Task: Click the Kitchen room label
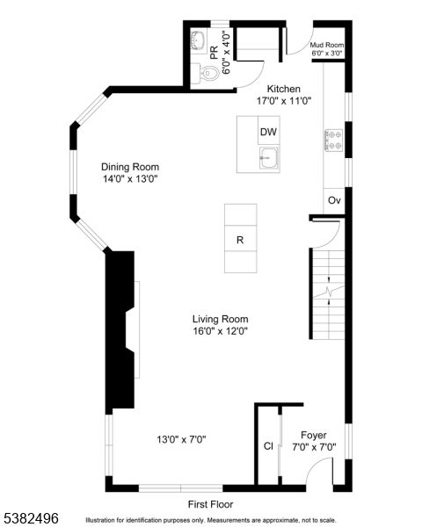(284, 89)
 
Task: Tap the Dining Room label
(130, 167)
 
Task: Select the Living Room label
(221, 319)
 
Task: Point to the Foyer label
(314, 435)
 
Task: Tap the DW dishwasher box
(268, 133)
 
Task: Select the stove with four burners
(334, 139)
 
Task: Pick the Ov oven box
(334, 200)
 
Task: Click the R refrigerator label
(240, 240)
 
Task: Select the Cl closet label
(268, 446)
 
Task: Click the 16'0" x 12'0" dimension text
(221, 331)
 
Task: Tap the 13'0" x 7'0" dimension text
(181, 439)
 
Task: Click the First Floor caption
(212, 504)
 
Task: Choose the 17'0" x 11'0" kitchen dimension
(284, 101)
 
